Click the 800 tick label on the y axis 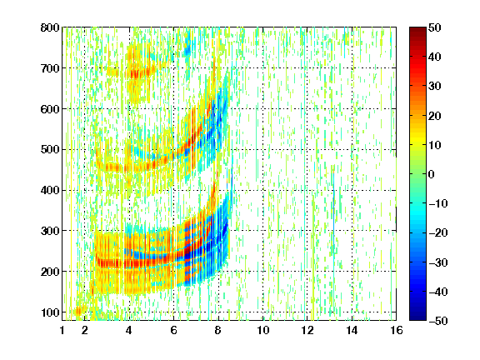(50, 27)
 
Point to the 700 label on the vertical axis (50, 68)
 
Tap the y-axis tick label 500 (50, 150)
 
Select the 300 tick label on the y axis (50, 231)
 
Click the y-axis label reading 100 (50, 312)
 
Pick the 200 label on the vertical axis (50, 272)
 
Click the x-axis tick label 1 (62, 330)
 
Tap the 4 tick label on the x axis (129, 330)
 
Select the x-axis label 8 (217, 330)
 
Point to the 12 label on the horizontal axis (307, 330)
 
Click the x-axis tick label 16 (396, 330)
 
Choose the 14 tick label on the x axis (352, 330)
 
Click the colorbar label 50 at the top (435, 27)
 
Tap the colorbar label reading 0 (432, 174)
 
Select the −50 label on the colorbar (437, 321)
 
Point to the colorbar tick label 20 (435, 116)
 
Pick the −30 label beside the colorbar (437, 262)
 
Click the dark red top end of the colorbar (417, 30)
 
